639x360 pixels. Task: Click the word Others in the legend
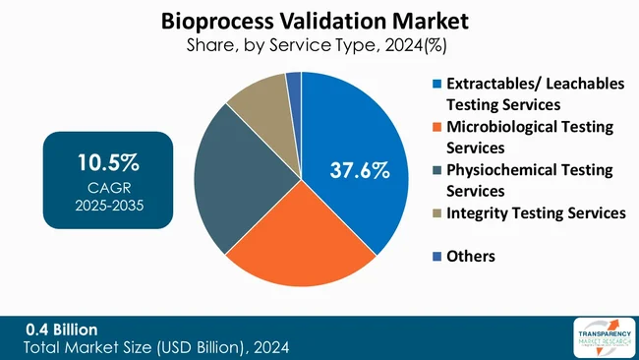[471, 256]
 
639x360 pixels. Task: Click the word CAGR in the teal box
[107, 183]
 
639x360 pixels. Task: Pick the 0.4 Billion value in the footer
[62, 329]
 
